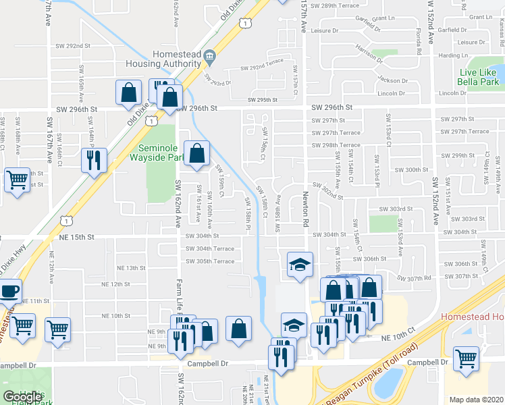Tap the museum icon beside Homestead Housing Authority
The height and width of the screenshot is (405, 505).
[209, 55]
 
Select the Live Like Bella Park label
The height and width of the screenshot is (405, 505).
[479, 77]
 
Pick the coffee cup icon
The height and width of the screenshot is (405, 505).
[9, 292]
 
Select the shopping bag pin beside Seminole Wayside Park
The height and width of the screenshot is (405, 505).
[196, 153]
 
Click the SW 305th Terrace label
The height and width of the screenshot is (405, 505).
[210, 261]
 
